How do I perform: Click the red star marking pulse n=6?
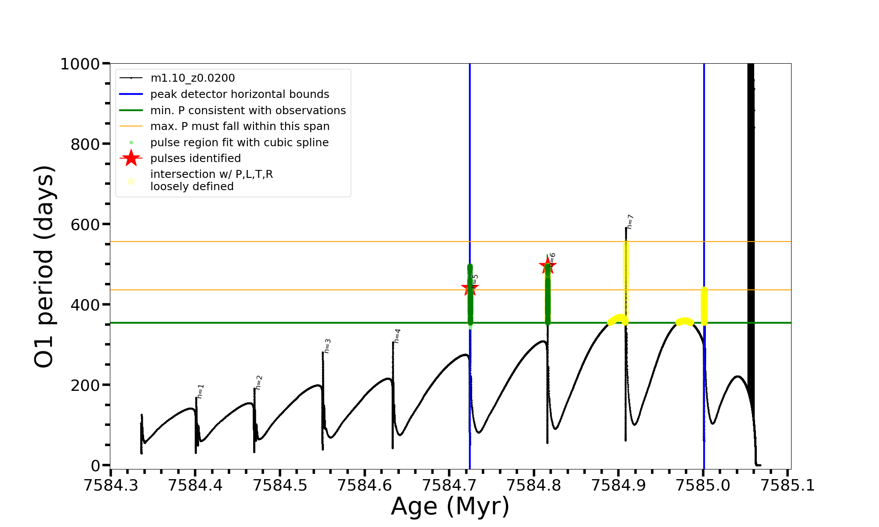pos(548,265)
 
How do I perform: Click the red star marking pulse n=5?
pos(470,289)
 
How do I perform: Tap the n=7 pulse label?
pos(630,222)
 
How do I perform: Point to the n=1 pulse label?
pos(200,391)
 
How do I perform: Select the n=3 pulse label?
pos(327,346)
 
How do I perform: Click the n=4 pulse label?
pos(397,336)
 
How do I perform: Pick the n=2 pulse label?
pos(259,383)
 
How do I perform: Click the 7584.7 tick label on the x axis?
pos(449,485)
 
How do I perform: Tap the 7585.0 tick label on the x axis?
pos(703,485)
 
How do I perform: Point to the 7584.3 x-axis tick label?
pos(111,485)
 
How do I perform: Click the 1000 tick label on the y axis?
pos(80,64)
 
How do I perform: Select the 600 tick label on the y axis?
pos(85,224)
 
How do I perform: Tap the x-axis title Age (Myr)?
pos(450,506)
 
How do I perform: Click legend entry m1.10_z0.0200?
pos(193,78)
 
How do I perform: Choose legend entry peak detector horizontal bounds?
pos(240,94)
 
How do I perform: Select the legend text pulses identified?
pos(196,159)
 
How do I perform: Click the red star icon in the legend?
pos(131,158)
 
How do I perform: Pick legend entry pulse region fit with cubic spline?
pos(240,143)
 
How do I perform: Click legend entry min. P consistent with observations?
pos(248,111)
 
